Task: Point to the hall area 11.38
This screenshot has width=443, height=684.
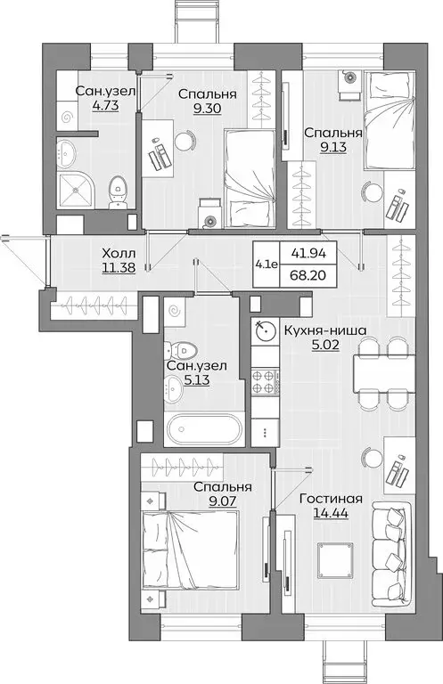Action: (119, 267)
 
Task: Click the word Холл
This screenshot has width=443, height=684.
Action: (119, 252)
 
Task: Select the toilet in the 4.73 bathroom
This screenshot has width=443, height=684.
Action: (117, 191)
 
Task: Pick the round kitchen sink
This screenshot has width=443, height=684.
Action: (264, 331)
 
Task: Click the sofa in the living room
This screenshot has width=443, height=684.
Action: (389, 539)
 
